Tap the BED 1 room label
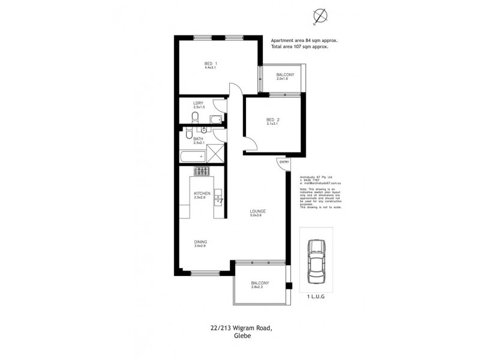coord(209,64)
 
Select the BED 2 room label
coord(273,119)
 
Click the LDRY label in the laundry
coord(199,103)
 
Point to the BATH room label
coord(199,139)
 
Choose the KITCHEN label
coord(201,193)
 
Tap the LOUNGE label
coord(259,211)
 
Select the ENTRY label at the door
coord(284,162)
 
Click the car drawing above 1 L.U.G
coord(316,260)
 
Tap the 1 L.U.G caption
coord(316,296)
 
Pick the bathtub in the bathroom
coord(192,157)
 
